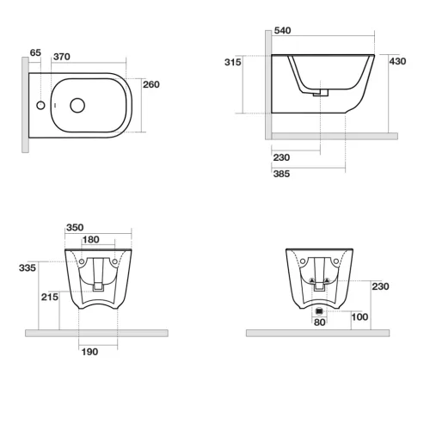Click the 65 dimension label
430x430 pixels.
[x=35, y=52]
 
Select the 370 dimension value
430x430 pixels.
[x=62, y=57]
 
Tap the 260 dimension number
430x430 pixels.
[x=151, y=84]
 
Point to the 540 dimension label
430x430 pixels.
[x=282, y=30]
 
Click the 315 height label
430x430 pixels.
[x=233, y=62]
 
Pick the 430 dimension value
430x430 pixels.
[x=397, y=61]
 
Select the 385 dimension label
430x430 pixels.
[x=281, y=174]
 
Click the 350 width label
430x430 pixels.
[x=75, y=228]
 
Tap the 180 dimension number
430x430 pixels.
[x=91, y=240]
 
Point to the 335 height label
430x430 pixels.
[x=28, y=268]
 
